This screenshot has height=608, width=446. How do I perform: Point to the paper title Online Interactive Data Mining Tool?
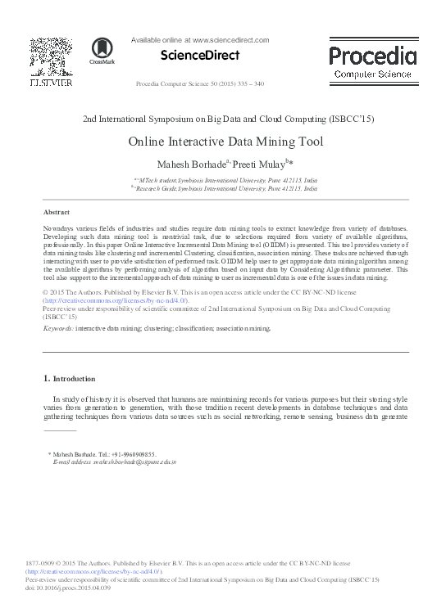coord(225,141)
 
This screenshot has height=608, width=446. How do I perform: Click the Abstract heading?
coord(56,211)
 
